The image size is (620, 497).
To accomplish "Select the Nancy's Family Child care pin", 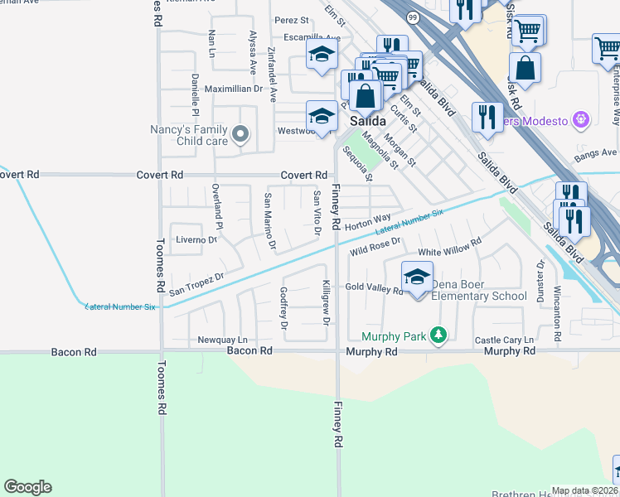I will pyautogui.click(x=240, y=133).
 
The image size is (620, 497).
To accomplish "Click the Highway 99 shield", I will pyautogui.click(x=411, y=17).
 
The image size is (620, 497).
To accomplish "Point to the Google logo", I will pyautogui.click(x=27, y=487).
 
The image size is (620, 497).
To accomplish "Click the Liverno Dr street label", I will pyautogui.click(x=196, y=239).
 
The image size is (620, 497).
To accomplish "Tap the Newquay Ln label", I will pyautogui.click(x=222, y=340).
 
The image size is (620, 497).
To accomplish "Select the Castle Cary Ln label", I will pyautogui.click(x=504, y=340).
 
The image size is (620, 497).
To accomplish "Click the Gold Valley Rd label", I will pyautogui.click(x=374, y=287).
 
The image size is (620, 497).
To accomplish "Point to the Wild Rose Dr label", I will pyautogui.click(x=375, y=245).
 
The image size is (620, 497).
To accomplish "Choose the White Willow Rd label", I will pyautogui.click(x=449, y=245).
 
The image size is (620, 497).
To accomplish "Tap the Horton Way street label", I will pyautogui.click(x=368, y=223).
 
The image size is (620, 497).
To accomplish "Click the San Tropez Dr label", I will pyautogui.click(x=196, y=284).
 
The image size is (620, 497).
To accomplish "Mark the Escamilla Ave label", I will pyautogui.click(x=312, y=38).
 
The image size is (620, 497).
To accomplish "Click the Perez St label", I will pyautogui.click(x=292, y=20).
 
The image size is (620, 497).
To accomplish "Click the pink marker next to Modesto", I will pyautogui.click(x=580, y=121).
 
